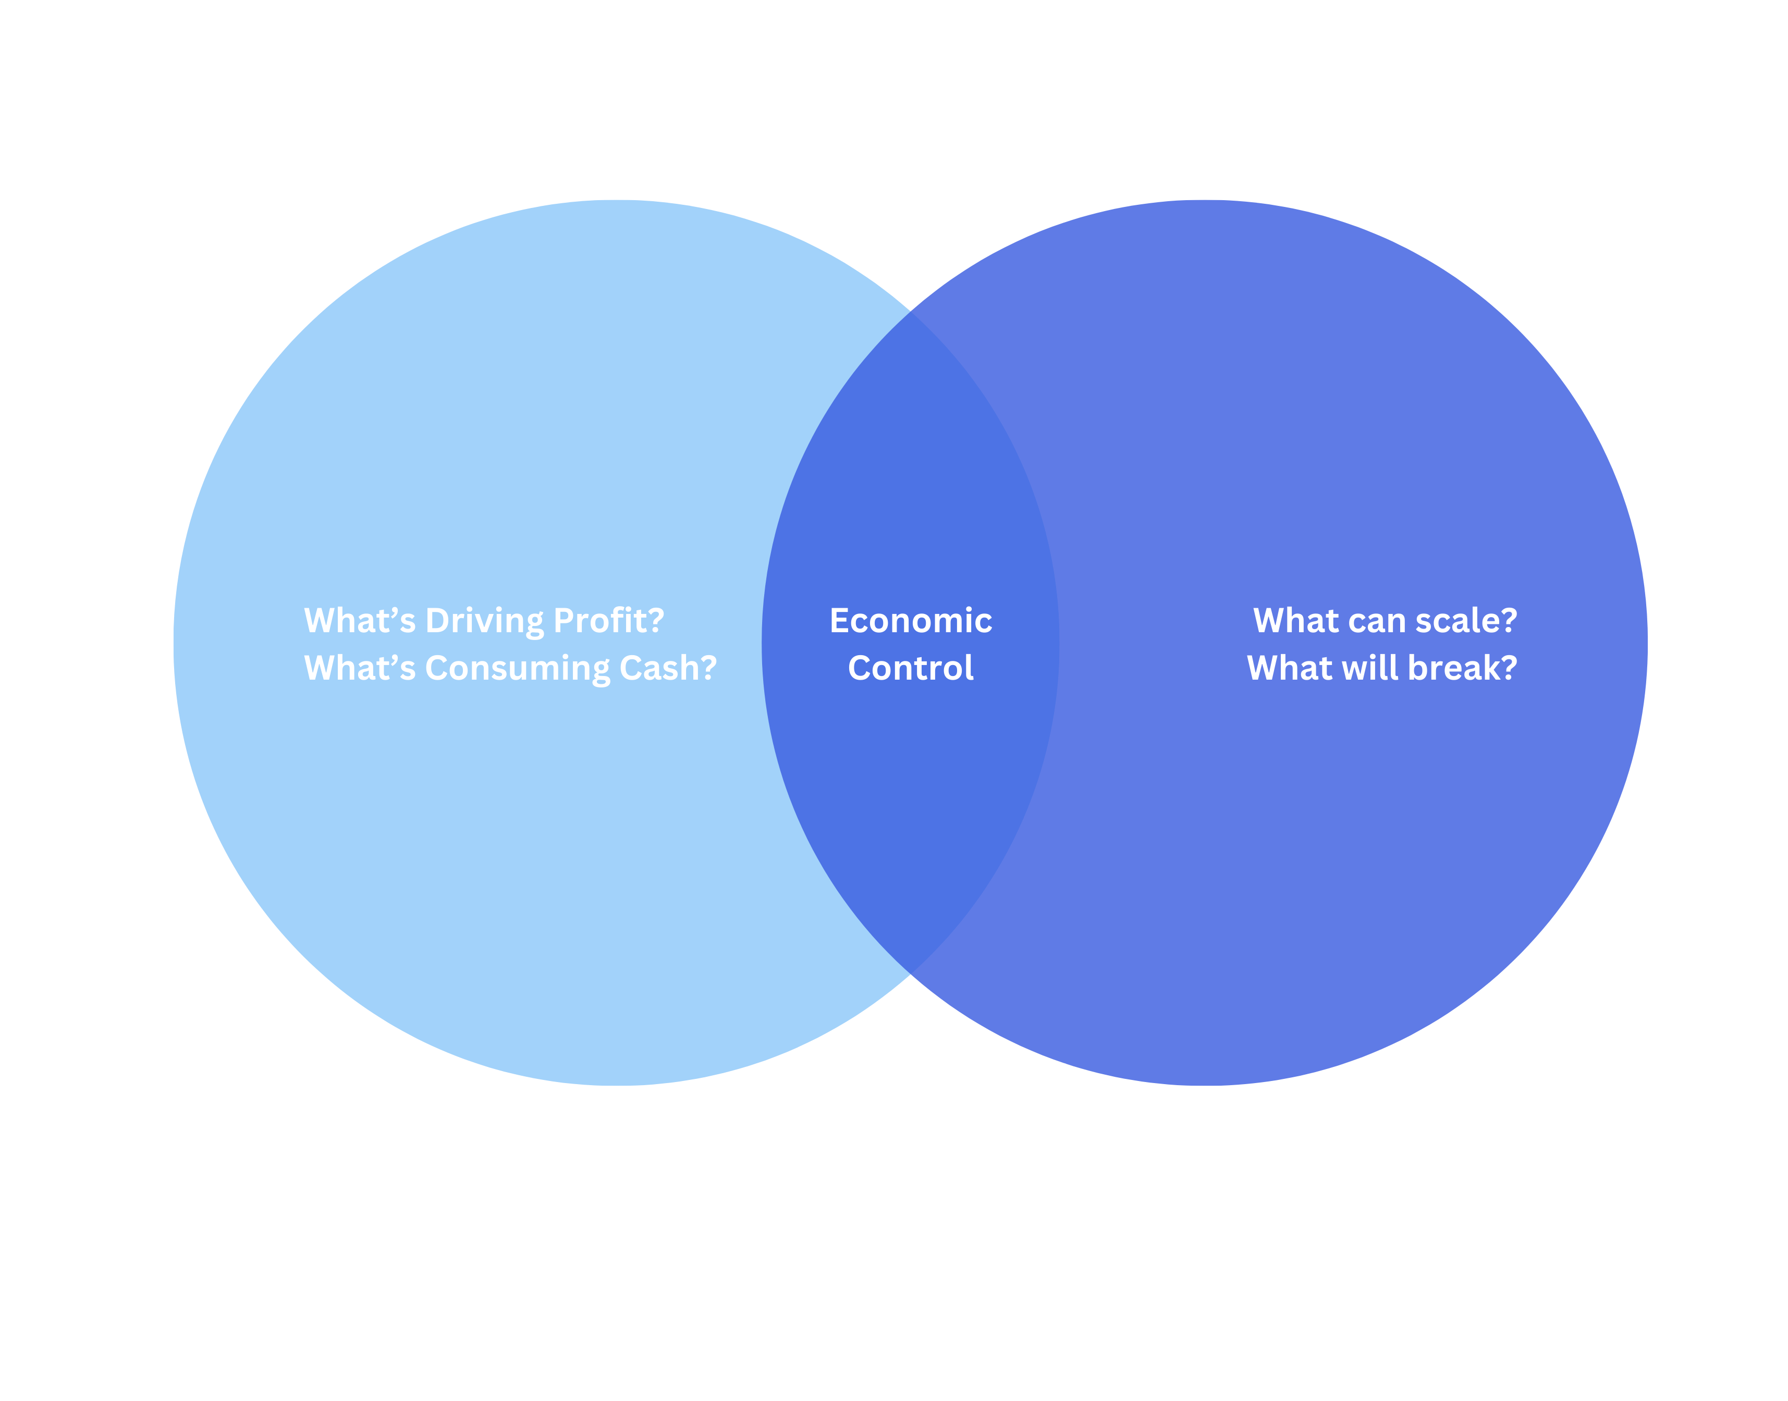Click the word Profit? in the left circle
608,621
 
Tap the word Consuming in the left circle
518,669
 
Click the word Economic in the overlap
910,621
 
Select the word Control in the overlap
910,669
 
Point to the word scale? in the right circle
1466,621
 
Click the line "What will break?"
1382,669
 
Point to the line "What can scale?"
1385,621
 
